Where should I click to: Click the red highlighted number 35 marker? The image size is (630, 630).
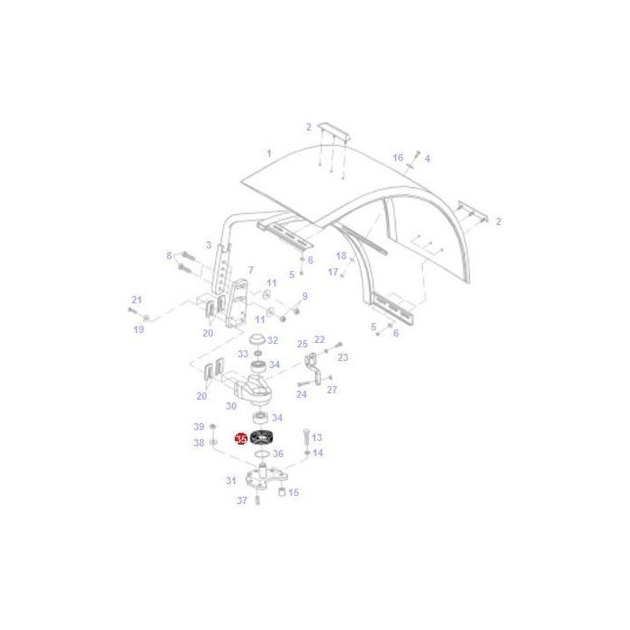tap(240, 438)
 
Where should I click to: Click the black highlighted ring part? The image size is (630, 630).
tap(262, 438)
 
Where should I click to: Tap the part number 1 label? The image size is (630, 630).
tap(268, 153)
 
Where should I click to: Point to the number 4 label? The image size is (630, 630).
tap(427, 158)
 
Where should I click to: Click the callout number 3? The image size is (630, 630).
tap(208, 245)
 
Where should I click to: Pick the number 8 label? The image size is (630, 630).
tap(168, 256)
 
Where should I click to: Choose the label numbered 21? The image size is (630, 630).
tap(136, 300)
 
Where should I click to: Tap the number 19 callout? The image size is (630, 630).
tap(139, 329)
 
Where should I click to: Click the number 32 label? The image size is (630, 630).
tap(272, 341)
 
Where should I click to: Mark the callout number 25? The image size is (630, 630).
tap(302, 343)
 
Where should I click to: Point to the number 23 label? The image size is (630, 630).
tap(343, 357)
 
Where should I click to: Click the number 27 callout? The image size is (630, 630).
tap(332, 390)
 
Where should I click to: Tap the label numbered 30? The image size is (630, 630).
tap(231, 406)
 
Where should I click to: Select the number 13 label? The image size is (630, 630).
tap(317, 436)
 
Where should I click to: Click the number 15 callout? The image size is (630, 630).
tap(293, 492)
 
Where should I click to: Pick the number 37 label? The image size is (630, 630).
tap(242, 500)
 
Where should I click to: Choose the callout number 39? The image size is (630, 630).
tap(199, 426)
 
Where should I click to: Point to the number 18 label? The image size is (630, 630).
tap(341, 256)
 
